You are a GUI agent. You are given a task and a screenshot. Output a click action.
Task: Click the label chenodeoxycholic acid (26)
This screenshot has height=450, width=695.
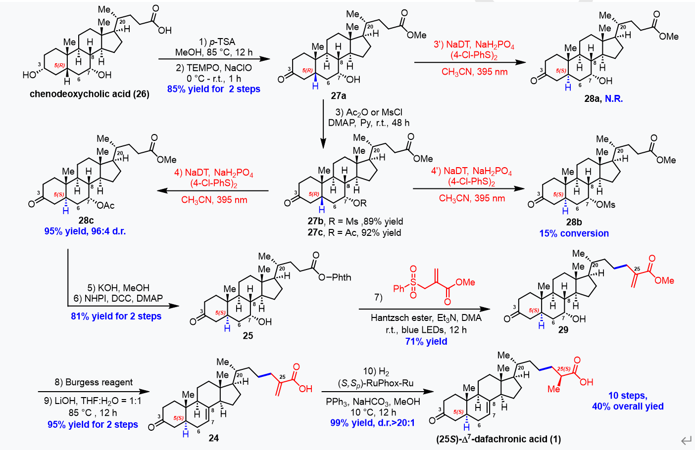89,94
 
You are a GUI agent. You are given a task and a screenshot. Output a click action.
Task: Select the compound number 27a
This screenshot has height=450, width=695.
339,95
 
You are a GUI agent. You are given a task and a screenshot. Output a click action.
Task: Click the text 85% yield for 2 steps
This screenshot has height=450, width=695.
213,89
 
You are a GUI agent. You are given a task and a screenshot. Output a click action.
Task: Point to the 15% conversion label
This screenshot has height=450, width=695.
574,233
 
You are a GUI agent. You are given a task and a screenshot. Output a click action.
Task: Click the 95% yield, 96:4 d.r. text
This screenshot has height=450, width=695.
85,231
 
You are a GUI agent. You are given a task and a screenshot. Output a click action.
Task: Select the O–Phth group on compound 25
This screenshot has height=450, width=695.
335,277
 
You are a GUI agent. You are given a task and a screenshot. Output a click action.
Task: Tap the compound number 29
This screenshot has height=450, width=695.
563,329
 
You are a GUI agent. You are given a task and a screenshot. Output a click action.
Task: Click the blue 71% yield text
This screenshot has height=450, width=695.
426,341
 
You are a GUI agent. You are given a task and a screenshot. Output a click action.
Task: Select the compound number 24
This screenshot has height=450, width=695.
214,438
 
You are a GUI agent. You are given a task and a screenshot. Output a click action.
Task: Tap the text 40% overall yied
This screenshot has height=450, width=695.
628,406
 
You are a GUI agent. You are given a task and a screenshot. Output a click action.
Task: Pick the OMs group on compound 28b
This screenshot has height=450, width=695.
606,204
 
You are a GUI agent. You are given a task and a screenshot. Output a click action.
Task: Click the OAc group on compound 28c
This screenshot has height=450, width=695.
105,205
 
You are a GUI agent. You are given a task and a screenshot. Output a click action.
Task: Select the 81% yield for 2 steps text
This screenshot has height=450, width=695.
116,316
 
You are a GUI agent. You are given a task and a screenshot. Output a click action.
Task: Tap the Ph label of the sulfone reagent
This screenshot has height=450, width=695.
398,288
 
